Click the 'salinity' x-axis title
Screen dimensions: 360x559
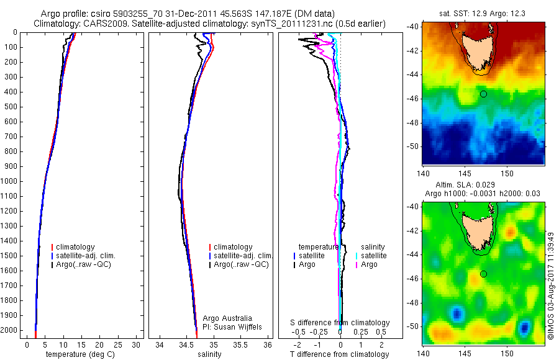[209, 354]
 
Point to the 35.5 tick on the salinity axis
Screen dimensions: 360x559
[241, 345]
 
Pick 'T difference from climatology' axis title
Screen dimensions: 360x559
[340, 354]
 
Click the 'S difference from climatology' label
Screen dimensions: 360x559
[340, 323]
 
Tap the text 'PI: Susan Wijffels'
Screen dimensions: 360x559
[234, 327]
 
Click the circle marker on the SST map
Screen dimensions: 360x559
[483, 94]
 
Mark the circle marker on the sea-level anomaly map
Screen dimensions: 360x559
[483, 274]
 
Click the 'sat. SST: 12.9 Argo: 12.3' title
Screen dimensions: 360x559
[483, 13]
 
